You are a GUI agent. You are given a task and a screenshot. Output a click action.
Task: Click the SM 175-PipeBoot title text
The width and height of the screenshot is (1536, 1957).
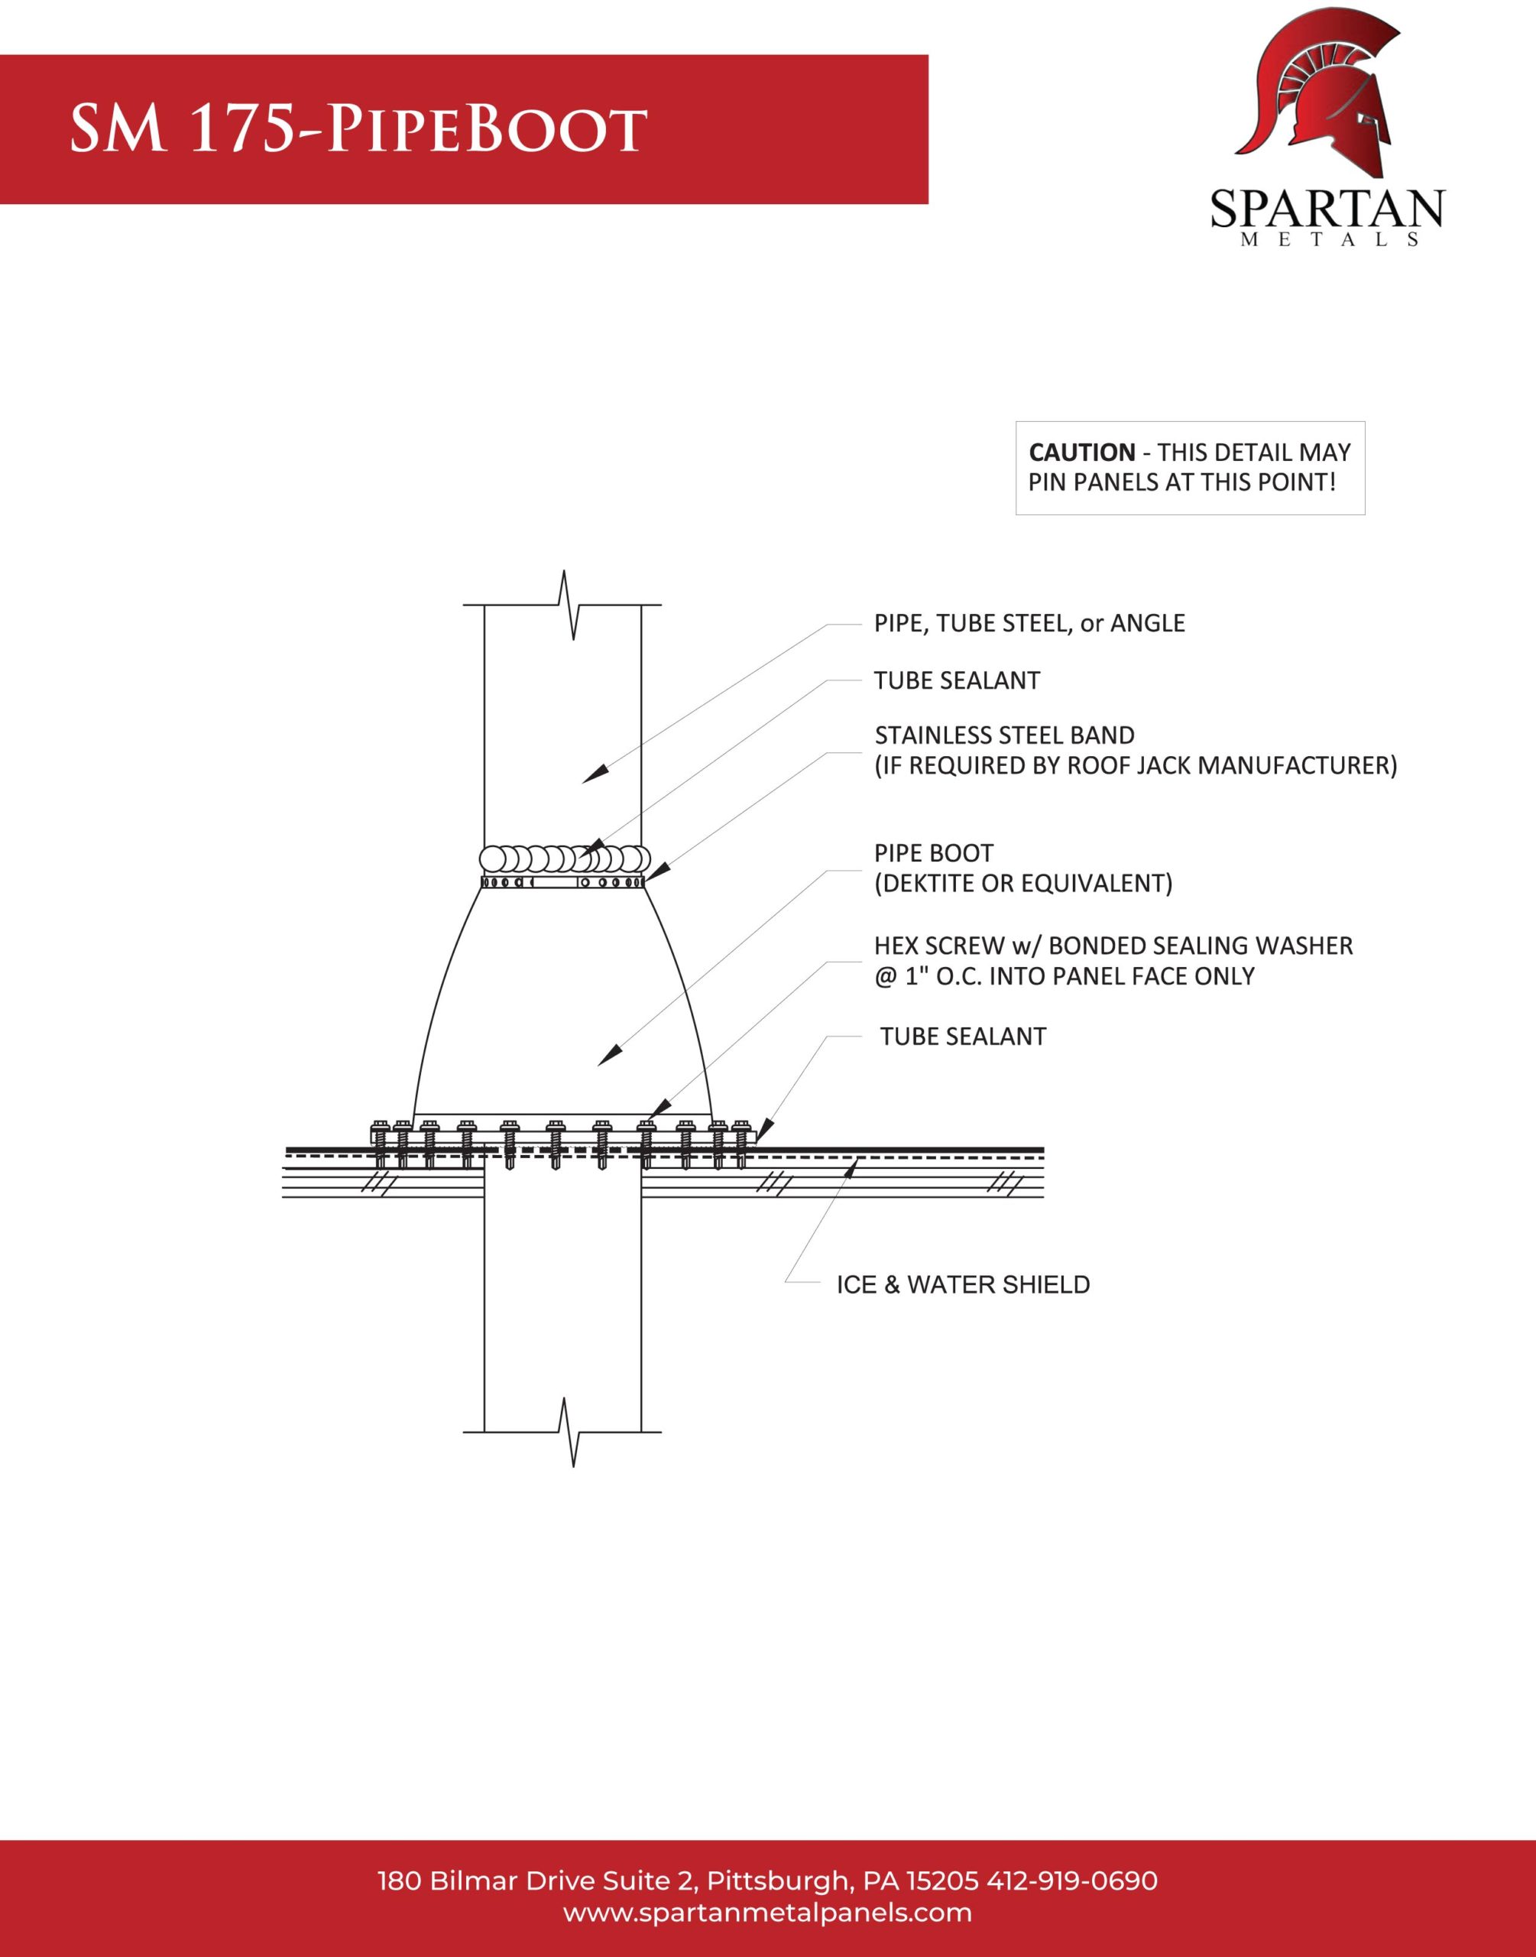coord(358,128)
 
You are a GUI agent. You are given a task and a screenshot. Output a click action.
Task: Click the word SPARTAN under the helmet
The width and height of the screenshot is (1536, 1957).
coord(1327,209)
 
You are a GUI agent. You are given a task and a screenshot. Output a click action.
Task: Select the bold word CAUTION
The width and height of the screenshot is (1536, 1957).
coord(1081,453)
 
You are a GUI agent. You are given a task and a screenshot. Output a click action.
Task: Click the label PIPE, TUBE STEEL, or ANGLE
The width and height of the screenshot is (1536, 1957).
coord(1029,623)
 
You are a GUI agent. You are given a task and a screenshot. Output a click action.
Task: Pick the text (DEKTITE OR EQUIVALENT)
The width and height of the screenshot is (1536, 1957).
coord(1022,883)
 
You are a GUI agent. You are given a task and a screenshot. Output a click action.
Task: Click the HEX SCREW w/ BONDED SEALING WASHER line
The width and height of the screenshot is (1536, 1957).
coord(1113,946)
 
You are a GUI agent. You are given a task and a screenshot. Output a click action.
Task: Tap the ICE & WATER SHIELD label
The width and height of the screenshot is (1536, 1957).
coord(962,1284)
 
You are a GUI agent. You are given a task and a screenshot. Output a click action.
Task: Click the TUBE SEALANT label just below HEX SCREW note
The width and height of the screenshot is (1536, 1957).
coord(962,1037)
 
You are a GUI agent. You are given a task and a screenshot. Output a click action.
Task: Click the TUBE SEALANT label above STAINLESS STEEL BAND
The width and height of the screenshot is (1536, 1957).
coord(956,681)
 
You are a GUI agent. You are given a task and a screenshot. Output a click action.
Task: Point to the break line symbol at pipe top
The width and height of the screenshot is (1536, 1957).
coord(568,605)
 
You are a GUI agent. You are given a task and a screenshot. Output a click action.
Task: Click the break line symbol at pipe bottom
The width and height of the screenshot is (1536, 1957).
coord(568,1432)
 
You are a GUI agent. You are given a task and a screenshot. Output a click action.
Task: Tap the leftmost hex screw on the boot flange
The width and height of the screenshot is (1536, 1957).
coord(380,1142)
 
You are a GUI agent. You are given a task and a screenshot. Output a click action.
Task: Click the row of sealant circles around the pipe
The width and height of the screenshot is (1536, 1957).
coord(564,859)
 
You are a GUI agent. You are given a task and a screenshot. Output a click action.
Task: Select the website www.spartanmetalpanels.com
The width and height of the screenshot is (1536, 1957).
coord(767,1912)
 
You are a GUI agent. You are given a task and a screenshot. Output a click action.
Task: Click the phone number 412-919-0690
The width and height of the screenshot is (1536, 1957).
coord(1072,1881)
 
